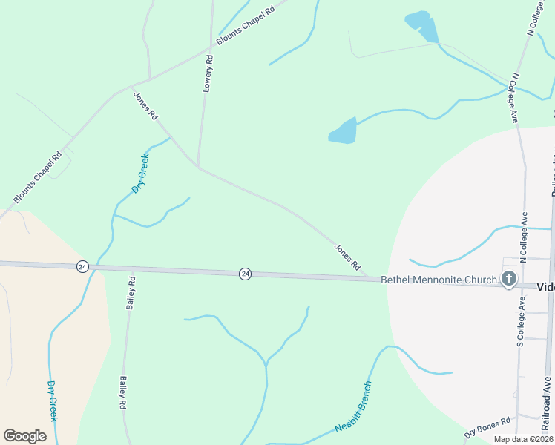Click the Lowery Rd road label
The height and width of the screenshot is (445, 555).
(208, 73)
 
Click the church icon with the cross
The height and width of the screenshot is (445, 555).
(508, 280)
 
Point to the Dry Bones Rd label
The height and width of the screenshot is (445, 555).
(487, 428)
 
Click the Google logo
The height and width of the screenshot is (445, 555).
(24, 435)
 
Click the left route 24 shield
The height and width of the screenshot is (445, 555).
(82, 266)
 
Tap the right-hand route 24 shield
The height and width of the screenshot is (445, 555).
(245, 274)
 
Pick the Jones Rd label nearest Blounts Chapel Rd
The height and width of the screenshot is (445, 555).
(145, 106)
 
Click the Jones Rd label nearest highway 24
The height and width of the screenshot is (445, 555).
(347, 257)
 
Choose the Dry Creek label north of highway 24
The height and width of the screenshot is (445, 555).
(140, 174)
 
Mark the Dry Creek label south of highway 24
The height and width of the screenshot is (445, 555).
(52, 400)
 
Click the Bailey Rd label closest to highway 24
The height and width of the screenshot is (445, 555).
(131, 293)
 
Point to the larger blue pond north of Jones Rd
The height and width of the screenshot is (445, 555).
(344, 131)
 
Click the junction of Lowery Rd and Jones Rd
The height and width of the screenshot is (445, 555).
(198, 166)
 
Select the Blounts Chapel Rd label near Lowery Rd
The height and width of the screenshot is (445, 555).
(246, 26)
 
